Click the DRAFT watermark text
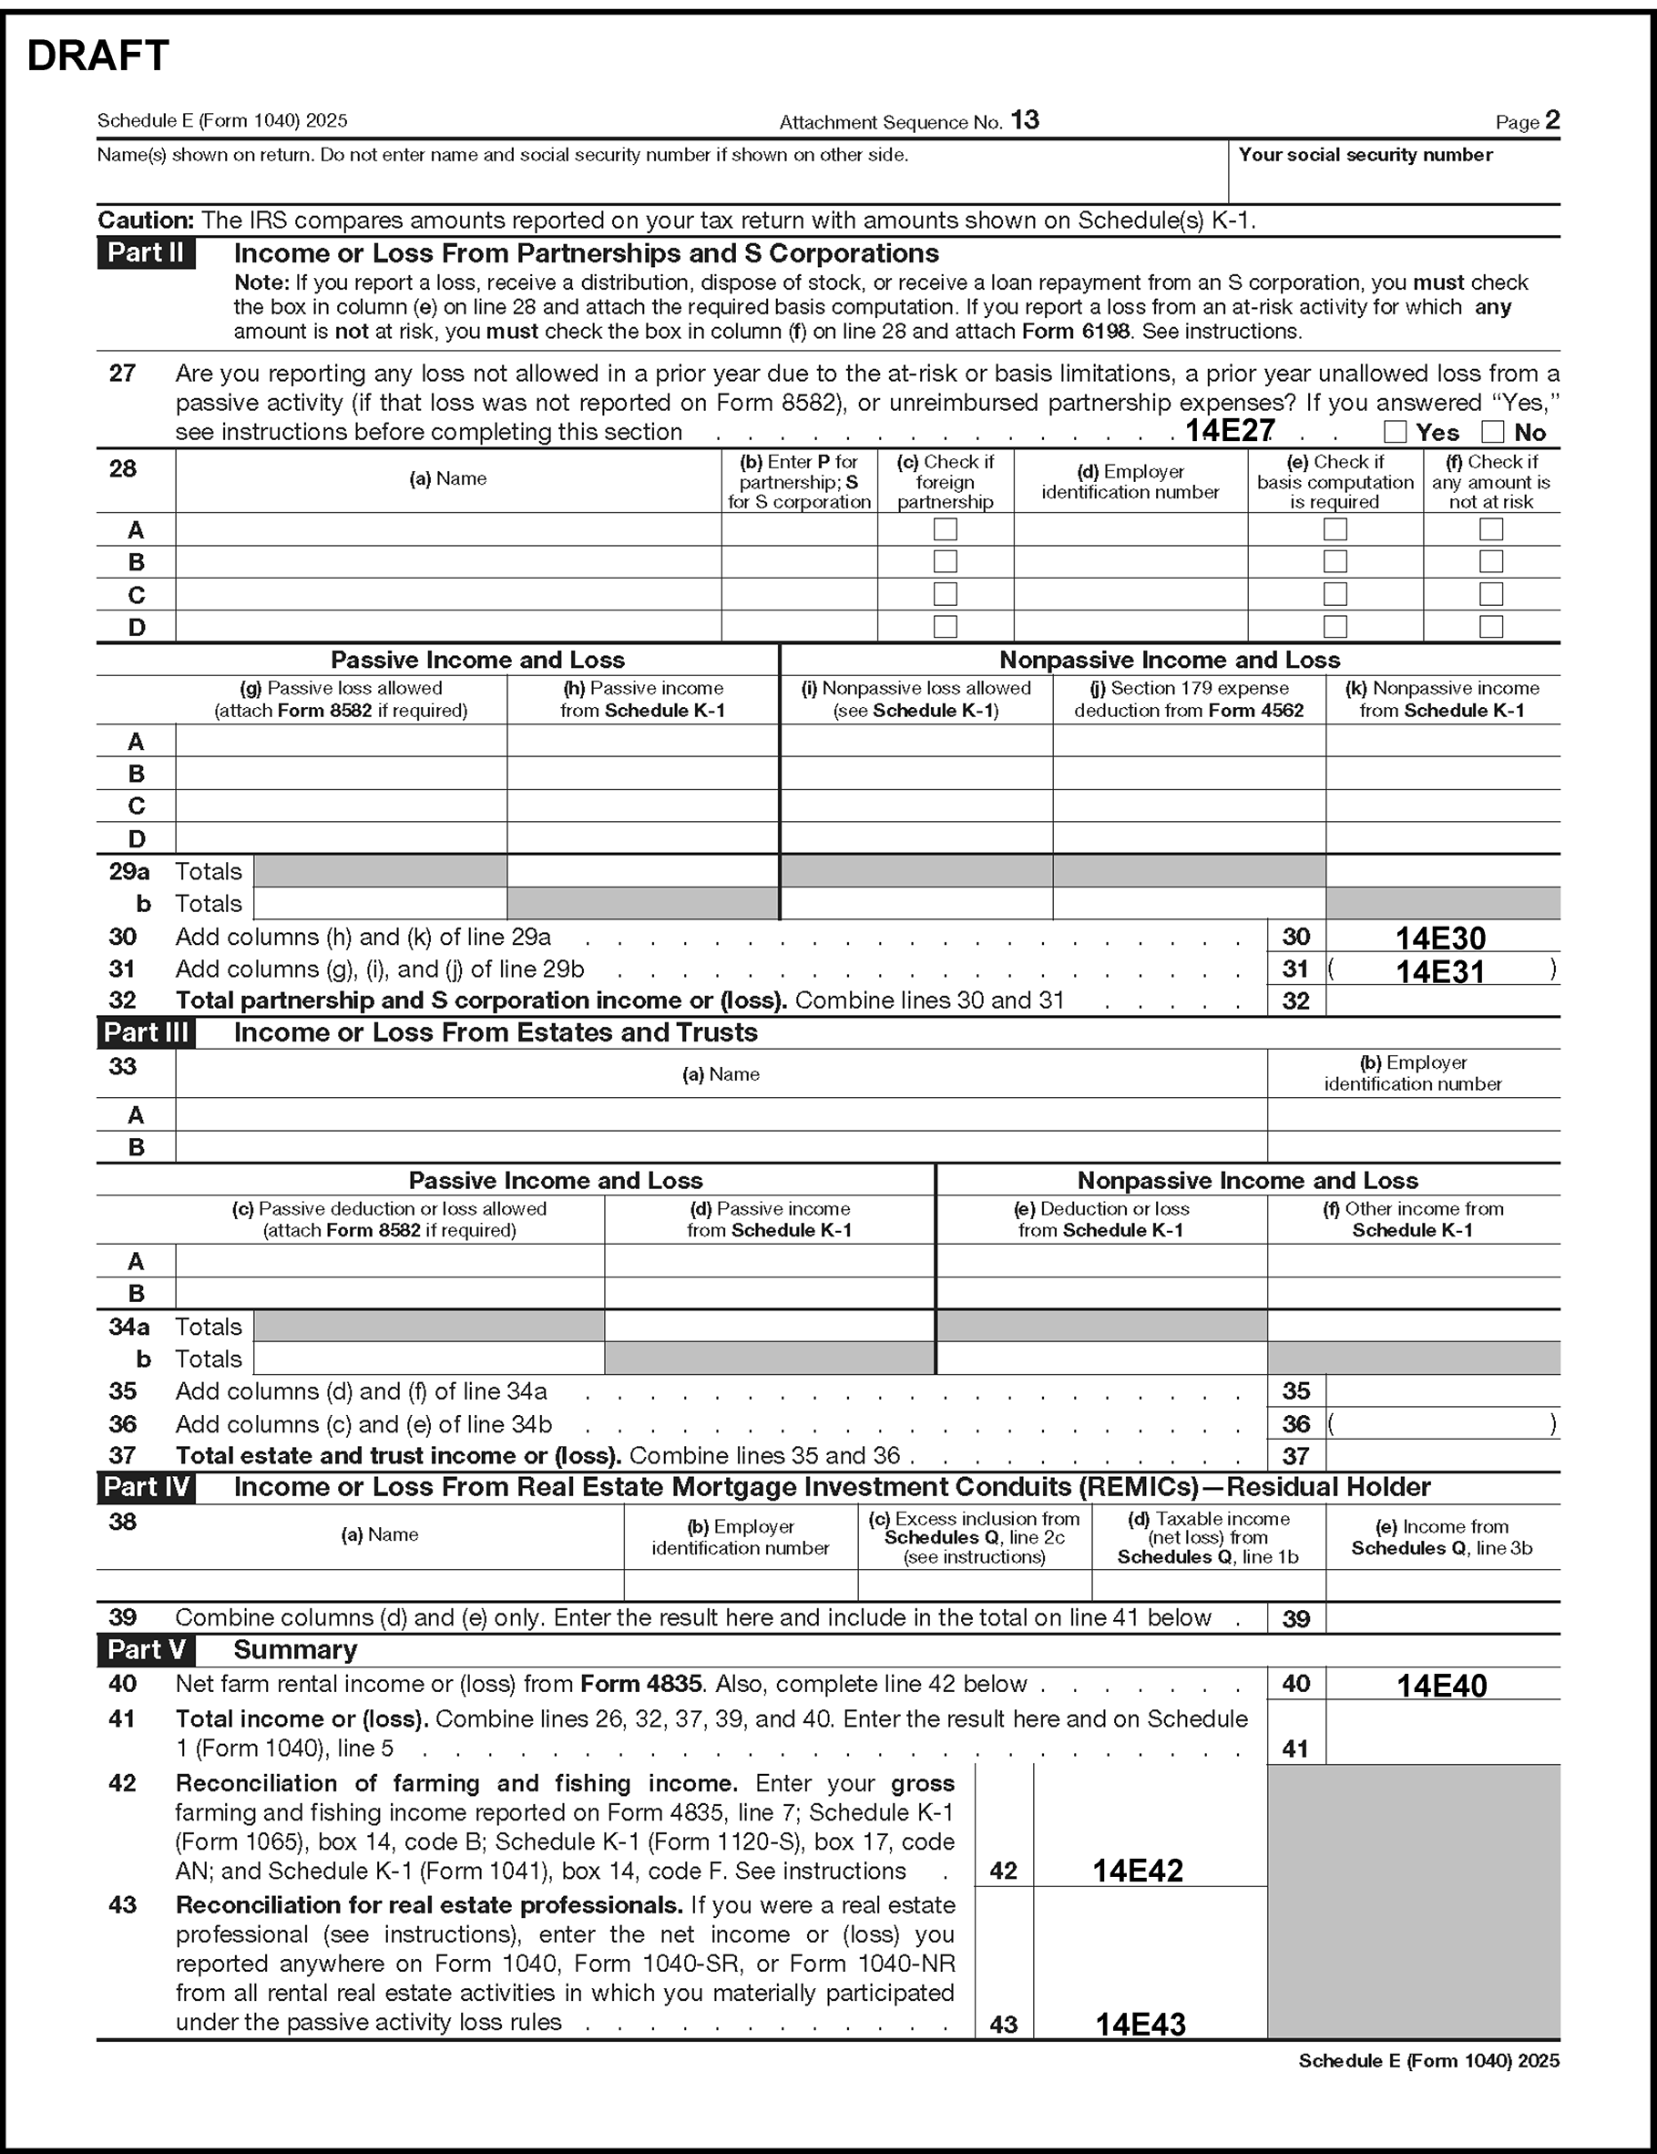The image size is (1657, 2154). (x=97, y=56)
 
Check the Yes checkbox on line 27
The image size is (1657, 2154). (x=1395, y=431)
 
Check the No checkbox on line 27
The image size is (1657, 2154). (x=1492, y=431)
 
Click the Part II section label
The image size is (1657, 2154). (x=146, y=253)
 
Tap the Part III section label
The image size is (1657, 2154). (x=146, y=1032)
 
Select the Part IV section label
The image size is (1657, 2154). (x=146, y=1486)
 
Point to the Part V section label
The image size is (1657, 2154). (x=146, y=1650)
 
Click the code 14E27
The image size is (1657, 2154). (x=1229, y=430)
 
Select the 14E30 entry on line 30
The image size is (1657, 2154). (x=1440, y=937)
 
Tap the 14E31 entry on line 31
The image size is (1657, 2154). (x=1440, y=971)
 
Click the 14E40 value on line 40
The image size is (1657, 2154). (x=1441, y=1686)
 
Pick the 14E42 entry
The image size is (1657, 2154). (x=1137, y=1870)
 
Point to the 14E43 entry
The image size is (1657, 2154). (x=1140, y=2024)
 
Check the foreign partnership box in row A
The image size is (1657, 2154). (x=945, y=529)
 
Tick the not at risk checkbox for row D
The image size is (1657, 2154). (x=1491, y=626)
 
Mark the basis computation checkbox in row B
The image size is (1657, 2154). (x=1335, y=561)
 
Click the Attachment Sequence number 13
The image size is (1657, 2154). (x=1025, y=120)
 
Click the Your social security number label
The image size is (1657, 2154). (x=1365, y=155)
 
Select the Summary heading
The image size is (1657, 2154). (x=295, y=1650)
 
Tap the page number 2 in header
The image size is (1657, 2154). (x=1552, y=120)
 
